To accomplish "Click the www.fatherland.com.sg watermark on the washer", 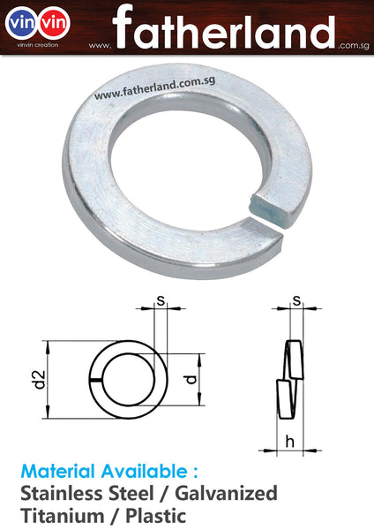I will [153, 87].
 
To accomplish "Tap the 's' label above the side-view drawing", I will [296, 301].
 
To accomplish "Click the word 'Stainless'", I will [60, 493].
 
